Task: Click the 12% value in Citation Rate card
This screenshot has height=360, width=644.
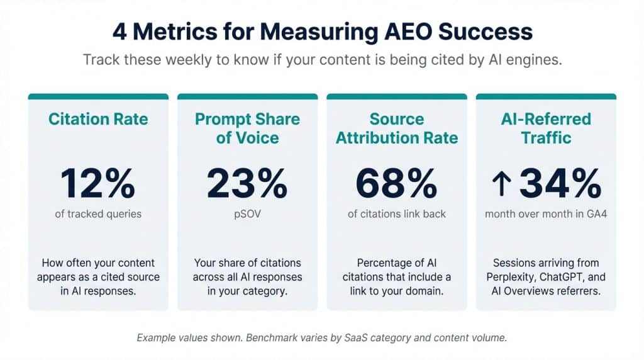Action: click(x=97, y=183)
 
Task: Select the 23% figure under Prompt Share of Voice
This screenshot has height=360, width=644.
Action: click(x=247, y=183)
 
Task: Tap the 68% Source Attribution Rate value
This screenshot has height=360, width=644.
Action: click(x=396, y=183)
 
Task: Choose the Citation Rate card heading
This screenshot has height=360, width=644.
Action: click(x=97, y=119)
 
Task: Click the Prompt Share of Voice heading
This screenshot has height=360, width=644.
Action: click(x=247, y=128)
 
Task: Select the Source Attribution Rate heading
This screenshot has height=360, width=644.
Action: click(x=396, y=128)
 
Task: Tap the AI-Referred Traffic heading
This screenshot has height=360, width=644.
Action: click(x=546, y=128)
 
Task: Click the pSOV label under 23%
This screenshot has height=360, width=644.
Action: click(x=247, y=214)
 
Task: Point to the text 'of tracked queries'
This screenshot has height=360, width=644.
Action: click(x=97, y=214)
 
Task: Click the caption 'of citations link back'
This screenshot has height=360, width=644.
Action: click(x=396, y=214)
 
